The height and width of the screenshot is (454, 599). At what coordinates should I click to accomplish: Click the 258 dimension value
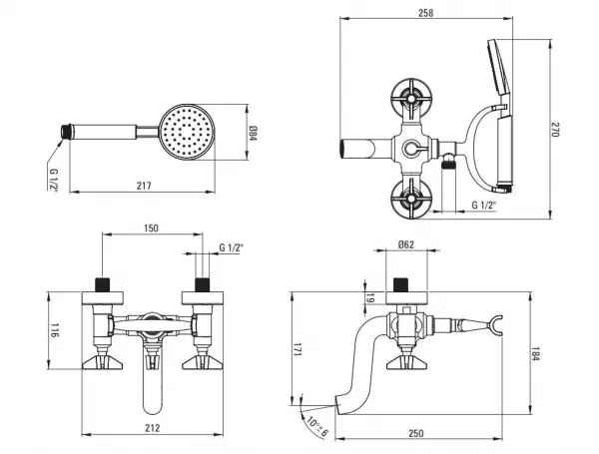425,13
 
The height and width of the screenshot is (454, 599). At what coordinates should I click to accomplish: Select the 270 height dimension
555,130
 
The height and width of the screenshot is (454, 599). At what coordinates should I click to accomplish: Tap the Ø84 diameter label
254,133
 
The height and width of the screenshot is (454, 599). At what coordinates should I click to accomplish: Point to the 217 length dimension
144,186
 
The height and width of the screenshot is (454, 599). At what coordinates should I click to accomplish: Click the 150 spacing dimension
151,228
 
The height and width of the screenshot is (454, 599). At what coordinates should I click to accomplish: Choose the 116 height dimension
55,330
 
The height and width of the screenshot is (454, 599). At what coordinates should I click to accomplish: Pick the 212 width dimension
152,428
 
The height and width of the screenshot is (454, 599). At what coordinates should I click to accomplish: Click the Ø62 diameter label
405,244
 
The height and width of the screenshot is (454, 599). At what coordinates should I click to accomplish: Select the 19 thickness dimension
369,298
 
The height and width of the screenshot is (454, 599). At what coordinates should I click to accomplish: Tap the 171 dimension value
298,350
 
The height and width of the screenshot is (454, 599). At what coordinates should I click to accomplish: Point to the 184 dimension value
536,353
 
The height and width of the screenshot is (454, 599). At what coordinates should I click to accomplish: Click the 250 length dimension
415,433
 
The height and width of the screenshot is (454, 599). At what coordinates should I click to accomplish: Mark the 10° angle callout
317,426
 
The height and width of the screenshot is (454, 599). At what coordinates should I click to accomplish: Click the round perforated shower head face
187,132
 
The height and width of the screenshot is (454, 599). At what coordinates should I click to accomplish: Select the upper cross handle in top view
411,99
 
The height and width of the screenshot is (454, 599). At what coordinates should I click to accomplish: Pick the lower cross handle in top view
411,199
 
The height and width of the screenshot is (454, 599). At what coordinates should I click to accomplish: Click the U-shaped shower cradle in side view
495,325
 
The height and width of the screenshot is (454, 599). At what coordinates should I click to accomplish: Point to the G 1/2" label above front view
232,247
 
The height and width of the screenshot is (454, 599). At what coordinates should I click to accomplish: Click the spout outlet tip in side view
338,404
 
